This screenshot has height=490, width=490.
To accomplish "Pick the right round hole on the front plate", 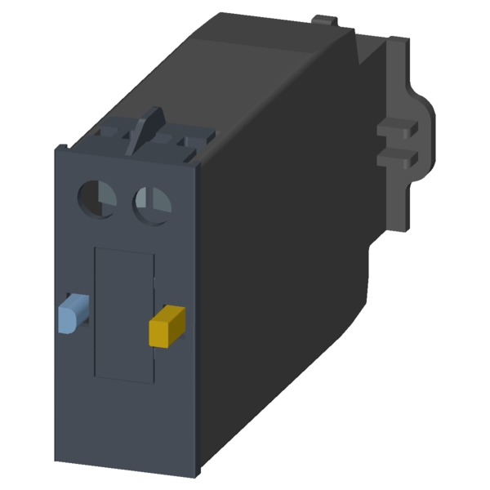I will tap(151, 202).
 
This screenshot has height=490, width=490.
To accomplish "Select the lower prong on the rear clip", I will tap(399, 155).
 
